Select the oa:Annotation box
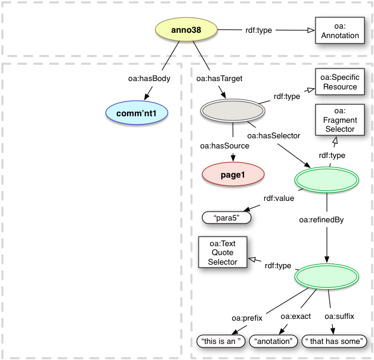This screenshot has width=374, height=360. coord(338,31)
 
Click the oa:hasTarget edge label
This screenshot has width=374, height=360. coord(219,77)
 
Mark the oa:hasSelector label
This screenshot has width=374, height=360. coord(273,136)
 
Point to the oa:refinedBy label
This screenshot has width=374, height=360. coord(321,220)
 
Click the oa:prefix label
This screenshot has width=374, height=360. coord(247,316)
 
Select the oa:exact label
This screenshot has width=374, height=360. coord(296,316)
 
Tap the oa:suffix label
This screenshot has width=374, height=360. coord(339,316)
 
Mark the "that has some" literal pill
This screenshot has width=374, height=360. coord(333,342)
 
